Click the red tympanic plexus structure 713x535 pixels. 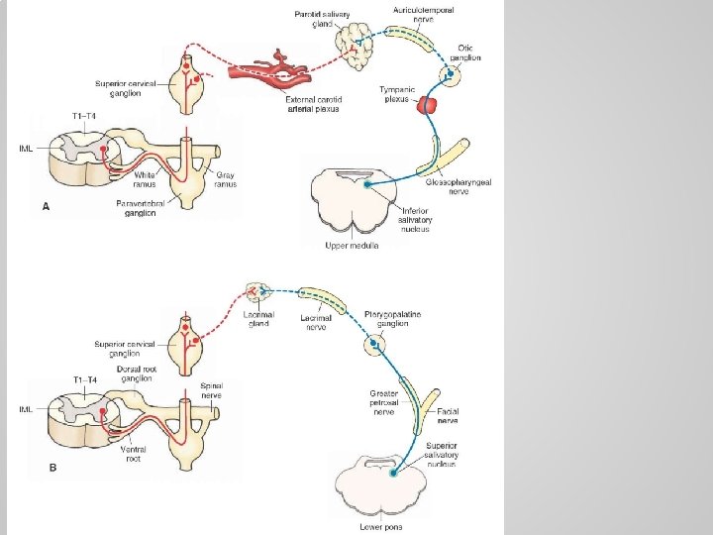coord(428,104)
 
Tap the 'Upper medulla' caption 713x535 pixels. coord(352,244)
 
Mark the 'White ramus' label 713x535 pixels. coord(145,179)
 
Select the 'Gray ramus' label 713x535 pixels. coord(227,179)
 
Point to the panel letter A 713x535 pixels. coord(46,207)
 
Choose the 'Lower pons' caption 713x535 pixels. coord(381,526)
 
